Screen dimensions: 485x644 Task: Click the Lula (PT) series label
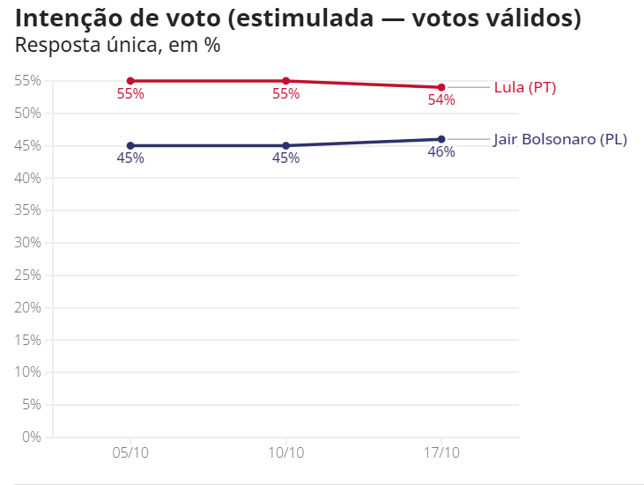point(525,87)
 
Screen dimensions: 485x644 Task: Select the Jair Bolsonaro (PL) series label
point(560,139)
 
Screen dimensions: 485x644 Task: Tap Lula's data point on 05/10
point(130,81)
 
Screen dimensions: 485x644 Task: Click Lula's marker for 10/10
point(286,81)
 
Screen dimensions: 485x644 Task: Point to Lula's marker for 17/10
point(441,87)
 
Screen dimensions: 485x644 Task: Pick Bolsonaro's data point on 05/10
point(130,145)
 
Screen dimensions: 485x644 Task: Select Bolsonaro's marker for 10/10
point(286,145)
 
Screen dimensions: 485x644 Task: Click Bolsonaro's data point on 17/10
point(441,139)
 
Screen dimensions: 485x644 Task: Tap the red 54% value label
point(441,100)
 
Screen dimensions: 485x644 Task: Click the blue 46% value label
point(441,152)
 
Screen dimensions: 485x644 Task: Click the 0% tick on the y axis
point(32,437)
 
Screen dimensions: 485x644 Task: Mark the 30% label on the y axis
point(28,243)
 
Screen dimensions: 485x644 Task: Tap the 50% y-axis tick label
point(28,114)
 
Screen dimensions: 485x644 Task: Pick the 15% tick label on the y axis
point(28,340)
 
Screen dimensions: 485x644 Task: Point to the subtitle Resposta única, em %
point(117,45)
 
